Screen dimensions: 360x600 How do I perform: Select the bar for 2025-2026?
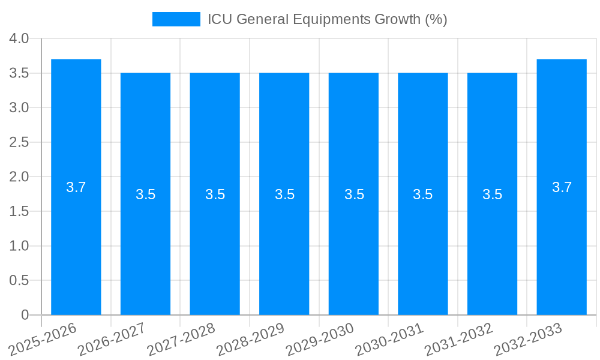click(x=76, y=240)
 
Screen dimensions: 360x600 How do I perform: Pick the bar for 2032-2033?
click(x=562, y=240)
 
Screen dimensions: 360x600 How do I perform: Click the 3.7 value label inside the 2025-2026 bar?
click(x=76, y=187)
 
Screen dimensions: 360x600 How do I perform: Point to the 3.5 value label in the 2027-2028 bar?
click(x=215, y=194)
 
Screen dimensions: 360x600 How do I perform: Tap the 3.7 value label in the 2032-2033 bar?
click(x=562, y=187)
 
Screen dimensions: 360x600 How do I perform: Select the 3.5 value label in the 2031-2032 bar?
click(x=492, y=194)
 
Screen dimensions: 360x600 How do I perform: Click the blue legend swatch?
click(x=176, y=19)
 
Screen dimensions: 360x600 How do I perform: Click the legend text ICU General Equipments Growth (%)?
click(x=327, y=19)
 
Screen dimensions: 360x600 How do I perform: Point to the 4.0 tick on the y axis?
click(x=19, y=39)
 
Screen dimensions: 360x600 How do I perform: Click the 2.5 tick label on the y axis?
click(x=19, y=143)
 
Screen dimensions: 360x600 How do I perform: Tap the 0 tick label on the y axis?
click(x=25, y=315)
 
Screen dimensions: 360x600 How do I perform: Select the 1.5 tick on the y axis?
click(x=19, y=212)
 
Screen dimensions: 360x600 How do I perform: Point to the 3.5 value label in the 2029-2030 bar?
click(x=353, y=194)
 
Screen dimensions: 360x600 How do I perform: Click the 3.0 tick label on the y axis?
click(x=19, y=108)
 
